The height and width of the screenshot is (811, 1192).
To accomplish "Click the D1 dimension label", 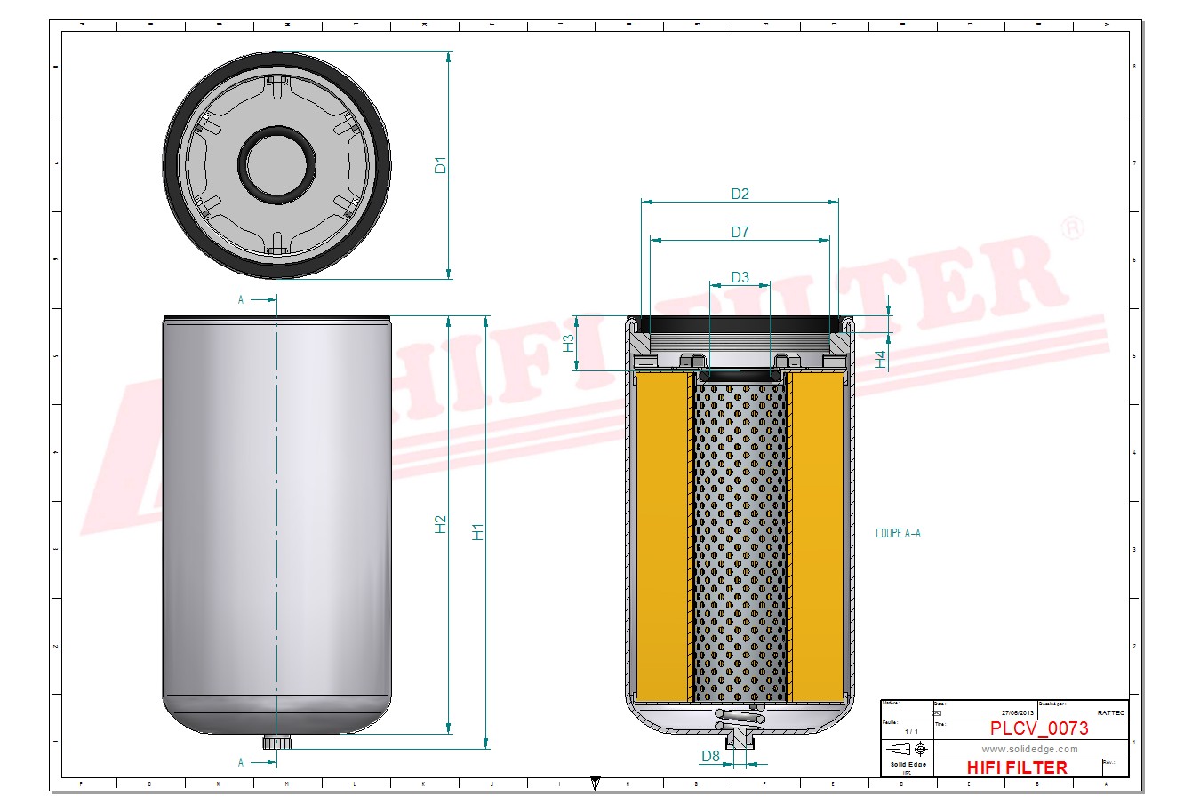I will click(439, 165).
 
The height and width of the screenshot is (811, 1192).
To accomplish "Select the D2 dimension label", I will click(740, 194).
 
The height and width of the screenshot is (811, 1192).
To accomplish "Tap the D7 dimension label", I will click(740, 232).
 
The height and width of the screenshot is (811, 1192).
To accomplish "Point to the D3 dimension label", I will click(740, 277).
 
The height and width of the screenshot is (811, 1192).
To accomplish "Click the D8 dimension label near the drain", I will click(710, 756).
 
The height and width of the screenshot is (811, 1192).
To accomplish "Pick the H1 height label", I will click(478, 531).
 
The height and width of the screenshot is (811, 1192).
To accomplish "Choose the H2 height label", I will click(440, 524).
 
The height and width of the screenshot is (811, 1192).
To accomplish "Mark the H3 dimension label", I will click(569, 343).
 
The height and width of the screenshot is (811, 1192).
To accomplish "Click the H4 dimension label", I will click(880, 359).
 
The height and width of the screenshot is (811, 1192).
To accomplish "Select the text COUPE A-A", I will click(898, 534).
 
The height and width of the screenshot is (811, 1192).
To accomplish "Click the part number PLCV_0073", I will click(1038, 729).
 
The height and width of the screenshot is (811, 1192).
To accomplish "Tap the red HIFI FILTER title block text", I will click(1016, 767).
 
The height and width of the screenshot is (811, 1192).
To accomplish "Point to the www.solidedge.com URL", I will click(1029, 749).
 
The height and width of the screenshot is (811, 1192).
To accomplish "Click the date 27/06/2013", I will click(1017, 712).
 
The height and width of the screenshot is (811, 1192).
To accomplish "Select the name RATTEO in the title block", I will click(1110, 712).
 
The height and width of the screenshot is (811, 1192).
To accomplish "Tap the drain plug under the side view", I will click(270, 742).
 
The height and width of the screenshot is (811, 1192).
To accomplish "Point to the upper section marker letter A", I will click(241, 300).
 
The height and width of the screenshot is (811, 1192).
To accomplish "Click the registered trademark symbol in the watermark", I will click(1073, 227).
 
